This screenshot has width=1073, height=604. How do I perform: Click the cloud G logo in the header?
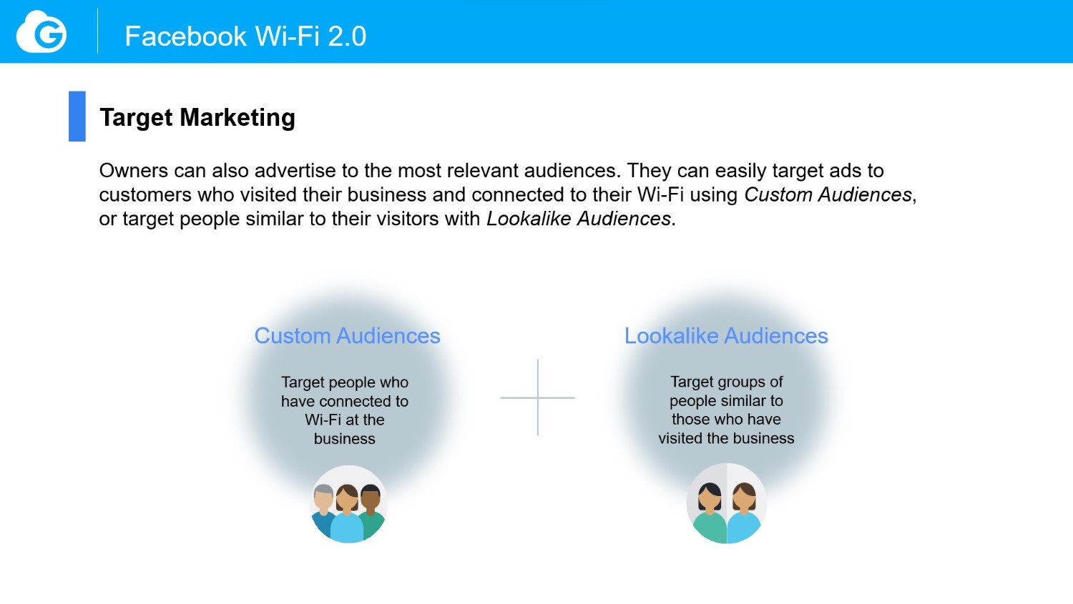[x=41, y=31]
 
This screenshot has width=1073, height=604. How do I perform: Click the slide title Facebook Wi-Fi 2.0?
[x=245, y=36]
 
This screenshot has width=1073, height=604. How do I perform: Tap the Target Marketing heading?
[x=197, y=118]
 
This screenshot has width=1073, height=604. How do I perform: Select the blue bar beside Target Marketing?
[x=77, y=117]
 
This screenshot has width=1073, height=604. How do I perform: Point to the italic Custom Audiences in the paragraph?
[x=828, y=194]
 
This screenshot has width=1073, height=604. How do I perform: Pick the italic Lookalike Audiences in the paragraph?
[x=578, y=219]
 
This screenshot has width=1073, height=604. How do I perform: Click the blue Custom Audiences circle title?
[x=347, y=335]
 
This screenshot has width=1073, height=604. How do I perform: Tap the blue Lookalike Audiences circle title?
[x=726, y=335]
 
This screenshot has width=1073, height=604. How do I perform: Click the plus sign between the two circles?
[x=537, y=397]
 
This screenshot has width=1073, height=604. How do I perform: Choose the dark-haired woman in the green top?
[x=710, y=512]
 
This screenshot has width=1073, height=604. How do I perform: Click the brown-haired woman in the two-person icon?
[x=744, y=512]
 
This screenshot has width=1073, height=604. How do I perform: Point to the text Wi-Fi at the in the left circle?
[x=344, y=420]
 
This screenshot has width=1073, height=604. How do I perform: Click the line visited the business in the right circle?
[x=726, y=438]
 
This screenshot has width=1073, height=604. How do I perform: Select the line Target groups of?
[x=726, y=382]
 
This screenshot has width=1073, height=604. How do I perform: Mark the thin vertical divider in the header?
[x=98, y=31]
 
